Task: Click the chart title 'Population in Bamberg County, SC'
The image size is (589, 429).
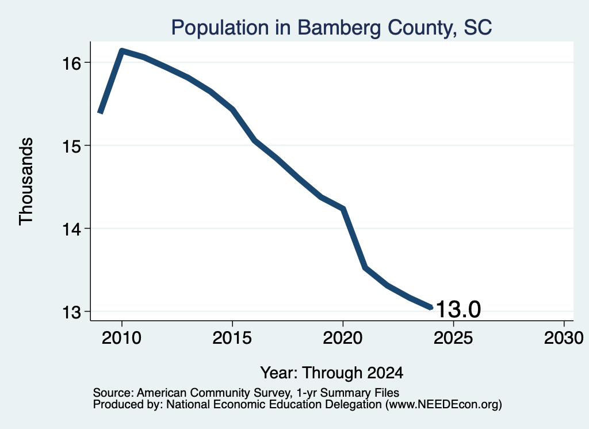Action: [x=331, y=28]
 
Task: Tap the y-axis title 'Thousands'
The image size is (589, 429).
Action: [x=26, y=181]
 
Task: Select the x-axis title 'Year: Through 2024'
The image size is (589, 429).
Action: [x=332, y=373]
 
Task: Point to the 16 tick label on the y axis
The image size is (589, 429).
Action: [x=72, y=63]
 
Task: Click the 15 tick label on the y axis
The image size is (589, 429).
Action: [x=72, y=146]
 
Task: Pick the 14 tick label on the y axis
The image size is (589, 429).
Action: [x=72, y=229]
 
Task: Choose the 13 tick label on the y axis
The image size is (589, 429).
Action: [x=72, y=312]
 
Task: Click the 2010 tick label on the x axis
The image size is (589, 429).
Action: [x=122, y=338]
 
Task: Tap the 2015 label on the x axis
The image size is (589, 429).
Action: [x=232, y=338]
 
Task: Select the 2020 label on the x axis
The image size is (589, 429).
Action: [x=343, y=338]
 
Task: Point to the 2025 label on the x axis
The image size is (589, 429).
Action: [x=453, y=338]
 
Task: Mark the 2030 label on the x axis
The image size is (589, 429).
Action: [x=564, y=338]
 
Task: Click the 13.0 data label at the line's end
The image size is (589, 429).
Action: [x=458, y=309]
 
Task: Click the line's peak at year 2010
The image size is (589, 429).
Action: [x=122, y=51]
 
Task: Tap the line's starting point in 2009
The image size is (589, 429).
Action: [x=100, y=112]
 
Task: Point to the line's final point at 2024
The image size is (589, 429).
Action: [x=431, y=307]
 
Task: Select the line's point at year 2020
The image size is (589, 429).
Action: [x=343, y=208]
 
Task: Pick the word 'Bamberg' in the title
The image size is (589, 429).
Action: [x=339, y=28]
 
